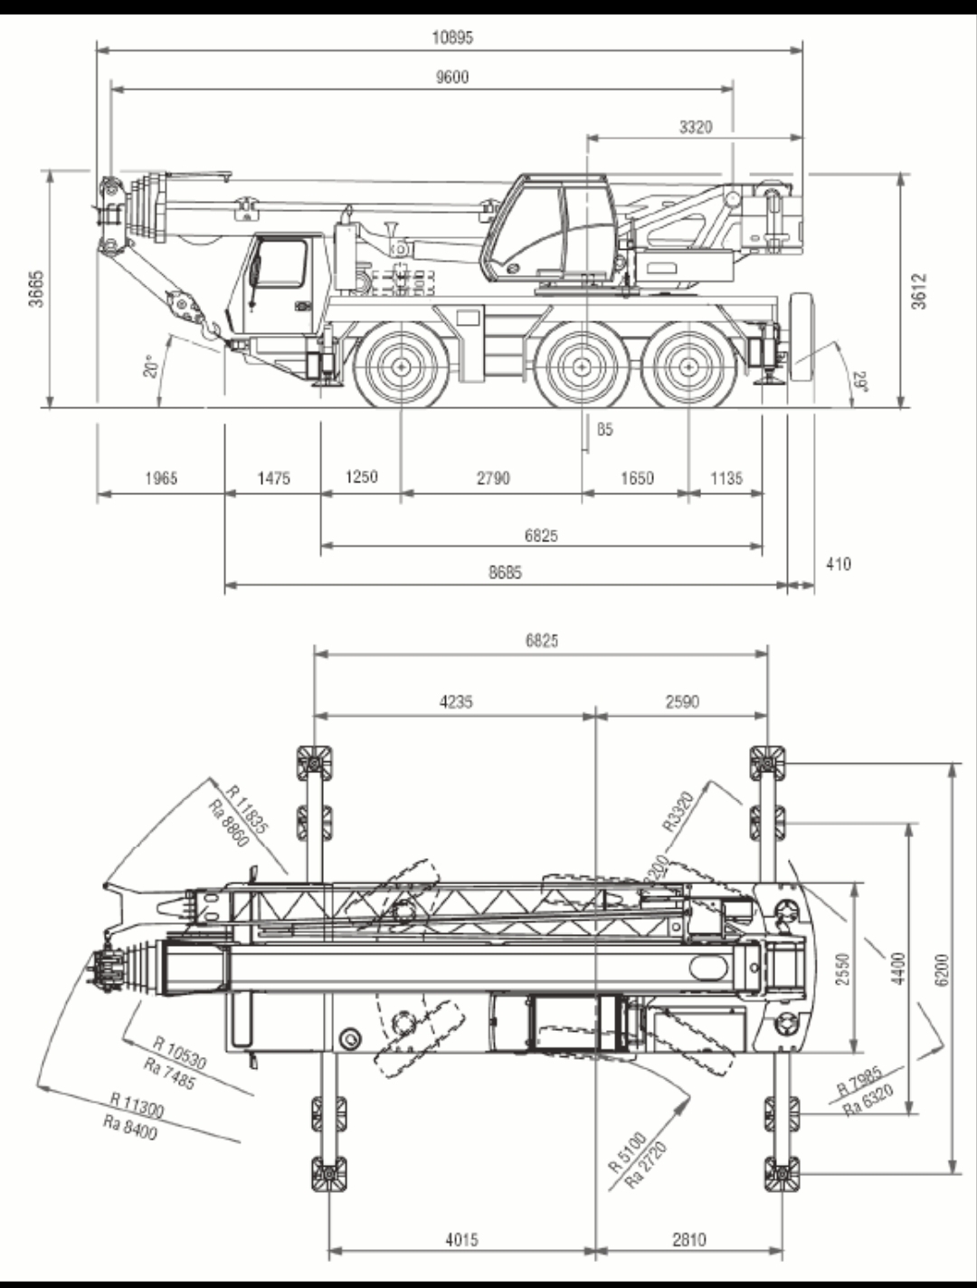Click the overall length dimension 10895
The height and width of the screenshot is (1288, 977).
[452, 37]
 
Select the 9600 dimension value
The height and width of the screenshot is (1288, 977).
[452, 77]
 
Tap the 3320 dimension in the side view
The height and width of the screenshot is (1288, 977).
[696, 127]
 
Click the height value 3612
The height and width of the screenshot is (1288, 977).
[919, 291]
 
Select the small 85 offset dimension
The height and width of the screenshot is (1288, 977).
[605, 429]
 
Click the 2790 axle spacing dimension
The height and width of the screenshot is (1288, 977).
[493, 477]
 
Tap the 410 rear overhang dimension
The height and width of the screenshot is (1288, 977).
[839, 564]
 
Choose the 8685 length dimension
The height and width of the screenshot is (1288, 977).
[505, 572]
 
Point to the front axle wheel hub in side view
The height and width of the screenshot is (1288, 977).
[399, 367]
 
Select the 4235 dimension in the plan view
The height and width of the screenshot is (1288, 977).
[456, 701]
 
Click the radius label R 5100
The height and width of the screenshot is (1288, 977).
[627, 1150]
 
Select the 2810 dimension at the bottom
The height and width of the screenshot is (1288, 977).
[689, 1239]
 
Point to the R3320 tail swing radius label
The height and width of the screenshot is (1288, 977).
[678, 812]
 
